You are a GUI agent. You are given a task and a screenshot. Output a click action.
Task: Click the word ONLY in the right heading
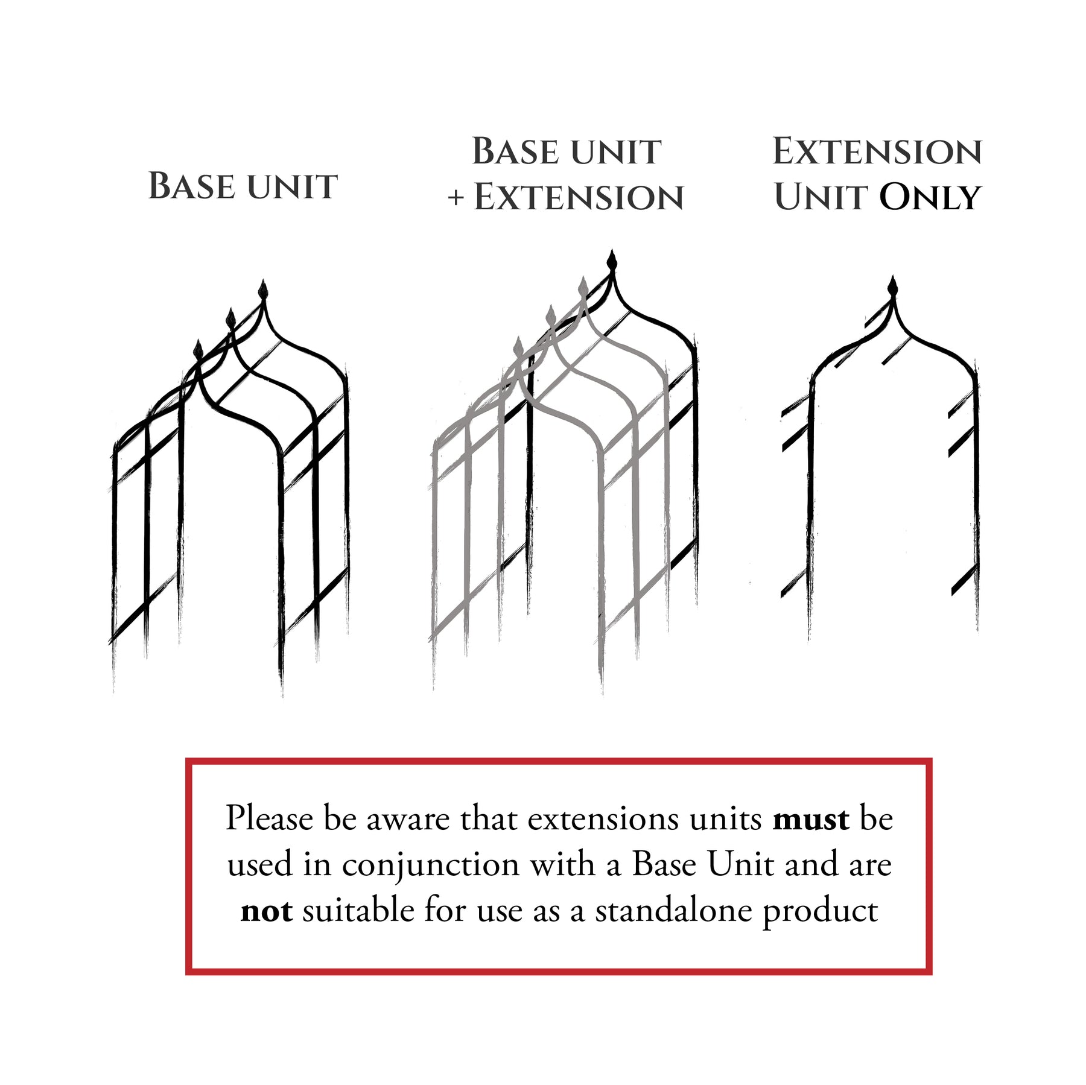coord(930,197)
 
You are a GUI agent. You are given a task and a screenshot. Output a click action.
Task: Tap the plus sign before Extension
coord(456,198)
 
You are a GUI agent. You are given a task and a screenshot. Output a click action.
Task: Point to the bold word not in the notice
coord(267,911)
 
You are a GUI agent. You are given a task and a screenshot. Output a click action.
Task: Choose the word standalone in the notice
coord(673,911)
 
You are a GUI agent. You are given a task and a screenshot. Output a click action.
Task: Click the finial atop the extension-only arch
coord(893,286)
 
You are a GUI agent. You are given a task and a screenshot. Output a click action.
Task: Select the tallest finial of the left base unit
coord(263,290)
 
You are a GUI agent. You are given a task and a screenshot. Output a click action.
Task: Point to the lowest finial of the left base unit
coord(198,349)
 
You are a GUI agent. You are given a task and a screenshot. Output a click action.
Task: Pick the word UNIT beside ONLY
coord(822,198)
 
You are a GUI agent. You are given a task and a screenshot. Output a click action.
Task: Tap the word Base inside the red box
coord(665,865)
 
